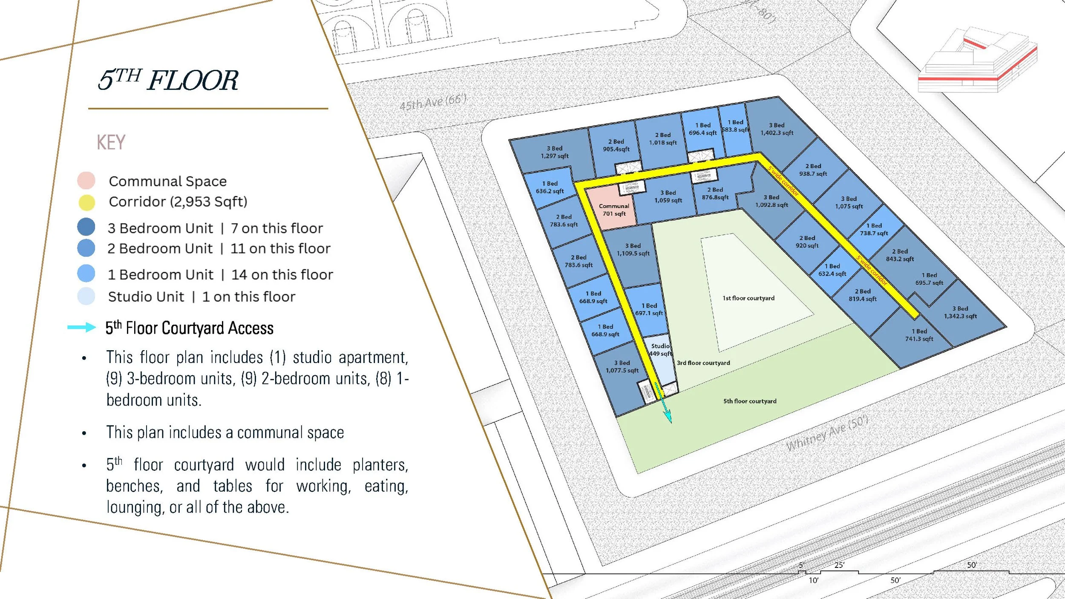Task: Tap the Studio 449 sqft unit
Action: (x=660, y=350)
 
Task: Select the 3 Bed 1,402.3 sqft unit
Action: (x=777, y=129)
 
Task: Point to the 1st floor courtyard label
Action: (x=748, y=298)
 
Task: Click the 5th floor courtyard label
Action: (x=749, y=401)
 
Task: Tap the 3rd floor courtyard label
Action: (x=703, y=363)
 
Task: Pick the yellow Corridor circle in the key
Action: (x=86, y=202)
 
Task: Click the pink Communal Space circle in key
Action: (x=86, y=181)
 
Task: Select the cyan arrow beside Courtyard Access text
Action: (x=82, y=327)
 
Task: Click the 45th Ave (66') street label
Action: (x=432, y=102)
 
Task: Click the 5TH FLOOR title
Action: (x=168, y=80)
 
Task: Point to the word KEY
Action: (x=111, y=142)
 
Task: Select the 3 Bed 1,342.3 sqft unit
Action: (x=960, y=312)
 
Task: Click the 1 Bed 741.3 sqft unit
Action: (x=919, y=335)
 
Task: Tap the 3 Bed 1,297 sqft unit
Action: (x=554, y=152)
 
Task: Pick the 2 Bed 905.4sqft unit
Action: (x=616, y=145)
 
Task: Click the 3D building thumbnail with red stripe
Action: (x=978, y=60)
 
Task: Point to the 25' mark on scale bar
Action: (x=839, y=565)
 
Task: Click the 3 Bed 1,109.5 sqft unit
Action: (x=633, y=250)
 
